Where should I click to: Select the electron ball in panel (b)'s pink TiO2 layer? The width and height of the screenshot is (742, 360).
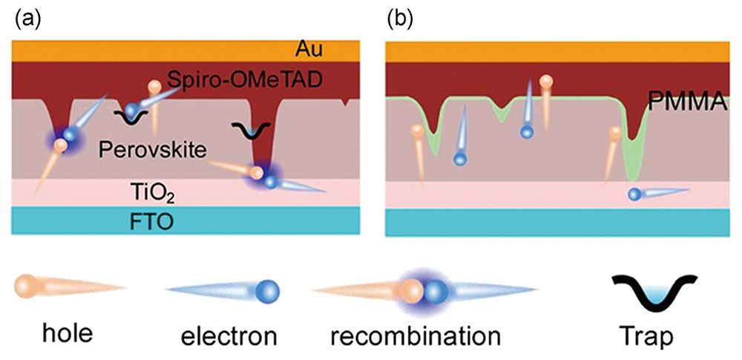tap(635, 194)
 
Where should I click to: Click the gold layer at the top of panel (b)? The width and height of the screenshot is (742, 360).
tap(556, 50)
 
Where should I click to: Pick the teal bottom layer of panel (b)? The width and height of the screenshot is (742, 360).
tap(556, 220)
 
